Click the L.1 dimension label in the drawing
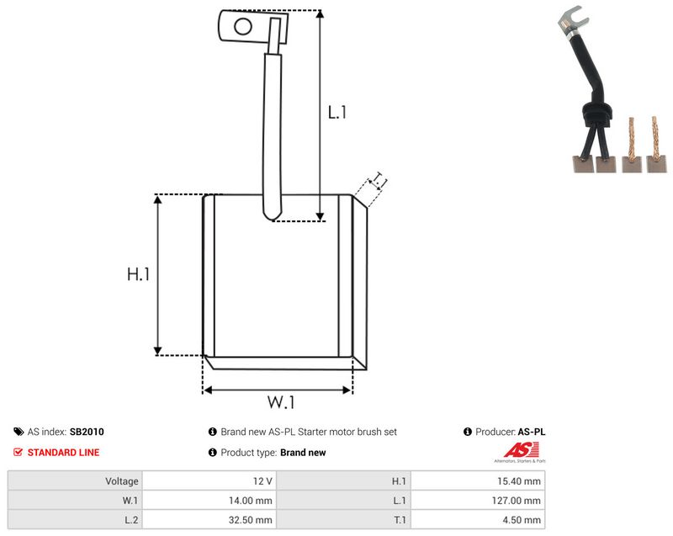337,113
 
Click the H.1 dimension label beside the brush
138,274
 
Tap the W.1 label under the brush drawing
281,402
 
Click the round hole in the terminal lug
243,27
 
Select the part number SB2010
87,432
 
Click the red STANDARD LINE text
64,453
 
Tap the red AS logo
521,450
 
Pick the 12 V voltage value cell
209,481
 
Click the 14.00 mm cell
209,501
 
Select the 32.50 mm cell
209,520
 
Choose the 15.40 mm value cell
478,481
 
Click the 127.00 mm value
517,501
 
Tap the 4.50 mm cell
478,520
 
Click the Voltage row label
122,481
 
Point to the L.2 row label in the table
131,520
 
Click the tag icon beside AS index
19,432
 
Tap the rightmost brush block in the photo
657,164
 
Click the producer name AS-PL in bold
532,432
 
